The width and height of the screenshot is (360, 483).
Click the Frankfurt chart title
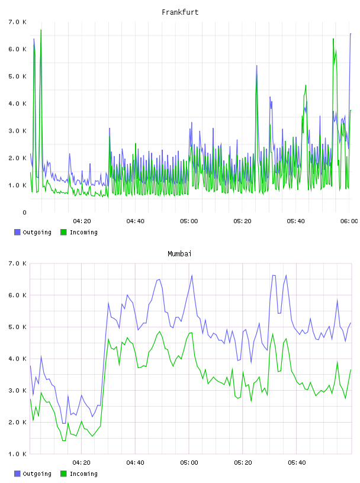point(180,12)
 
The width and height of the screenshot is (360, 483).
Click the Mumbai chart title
point(179,253)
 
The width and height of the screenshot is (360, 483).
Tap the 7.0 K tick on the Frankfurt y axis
point(18,22)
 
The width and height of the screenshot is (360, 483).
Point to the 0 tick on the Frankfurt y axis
point(24,212)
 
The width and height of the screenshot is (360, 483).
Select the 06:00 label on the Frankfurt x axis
point(349,221)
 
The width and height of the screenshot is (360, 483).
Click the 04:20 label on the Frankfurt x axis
point(82,221)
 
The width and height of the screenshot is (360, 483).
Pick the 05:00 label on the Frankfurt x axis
point(189,221)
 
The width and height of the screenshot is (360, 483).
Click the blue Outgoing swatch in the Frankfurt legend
point(17,232)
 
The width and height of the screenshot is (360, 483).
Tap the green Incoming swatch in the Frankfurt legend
point(63,232)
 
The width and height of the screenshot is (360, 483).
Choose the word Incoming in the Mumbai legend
point(83,474)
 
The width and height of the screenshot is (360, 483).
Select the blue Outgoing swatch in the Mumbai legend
point(17,474)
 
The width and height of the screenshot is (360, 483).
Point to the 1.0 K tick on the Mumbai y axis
point(18,454)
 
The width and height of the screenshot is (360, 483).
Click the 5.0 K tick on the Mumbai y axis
point(18,327)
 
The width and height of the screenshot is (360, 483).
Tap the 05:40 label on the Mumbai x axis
point(297,462)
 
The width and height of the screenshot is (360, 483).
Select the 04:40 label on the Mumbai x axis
point(136,462)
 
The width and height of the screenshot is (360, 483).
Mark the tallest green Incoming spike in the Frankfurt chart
point(41,30)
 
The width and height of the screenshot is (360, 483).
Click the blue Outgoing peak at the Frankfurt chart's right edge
point(351,34)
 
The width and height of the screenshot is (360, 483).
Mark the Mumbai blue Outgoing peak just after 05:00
point(192,275)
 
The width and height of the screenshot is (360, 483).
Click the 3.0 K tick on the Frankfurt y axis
point(18,131)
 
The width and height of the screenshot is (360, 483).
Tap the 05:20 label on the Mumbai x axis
point(243,462)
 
